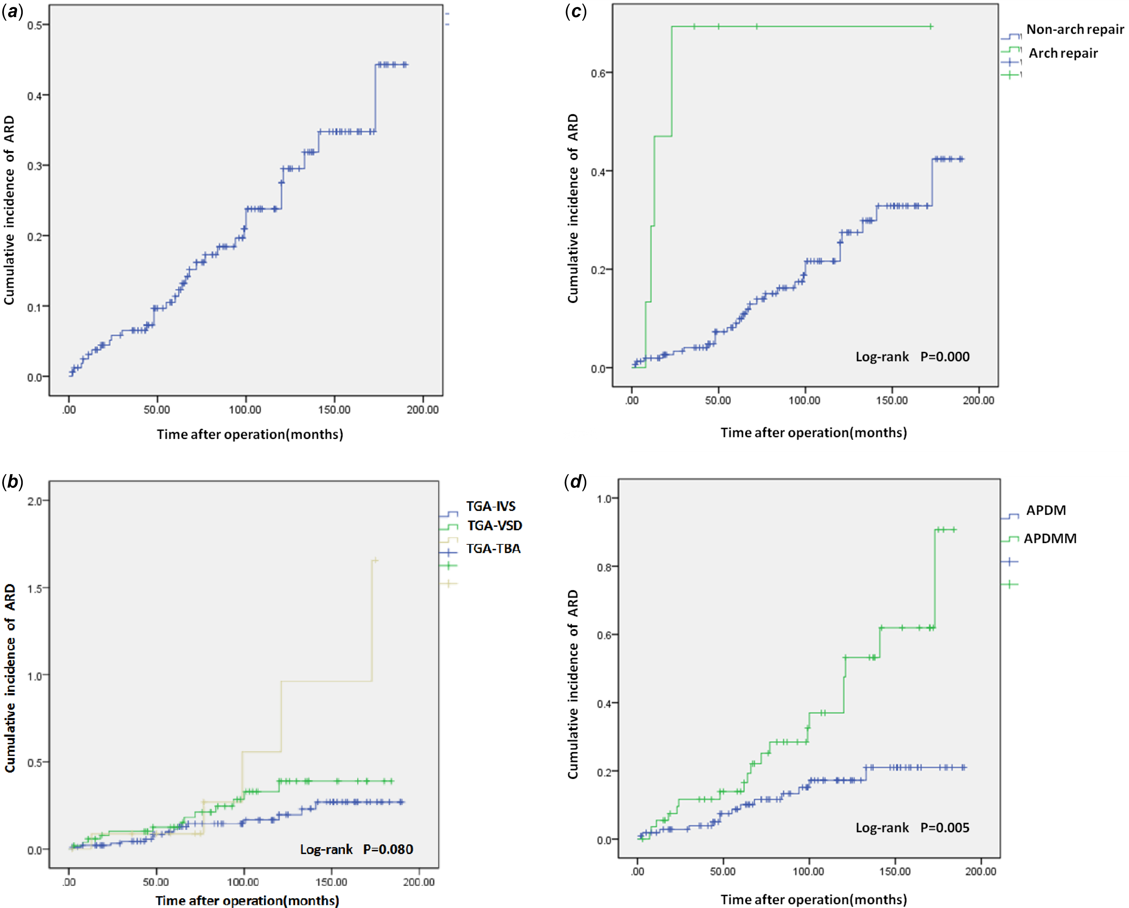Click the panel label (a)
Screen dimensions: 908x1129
(13, 13)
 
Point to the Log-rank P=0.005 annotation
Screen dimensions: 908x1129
(912, 827)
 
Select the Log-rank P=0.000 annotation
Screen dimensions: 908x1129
(912, 357)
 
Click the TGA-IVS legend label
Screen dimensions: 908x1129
(491, 506)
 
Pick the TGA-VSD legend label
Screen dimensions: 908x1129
(494, 525)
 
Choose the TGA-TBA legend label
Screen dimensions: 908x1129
(493, 548)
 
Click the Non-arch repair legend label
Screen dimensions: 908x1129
(1075, 29)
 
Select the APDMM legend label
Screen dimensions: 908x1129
(1050, 539)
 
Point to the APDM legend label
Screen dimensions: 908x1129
(1046, 510)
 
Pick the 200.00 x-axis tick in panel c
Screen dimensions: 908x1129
(978, 400)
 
